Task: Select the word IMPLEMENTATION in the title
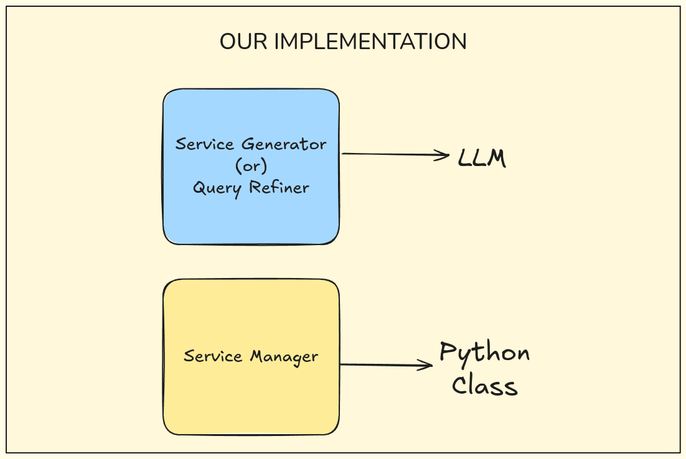(x=370, y=42)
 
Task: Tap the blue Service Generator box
(x=251, y=211)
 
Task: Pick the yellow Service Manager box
(x=251, y=398)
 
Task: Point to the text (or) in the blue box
(x=251, y=166)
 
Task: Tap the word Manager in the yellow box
(x=284, y=357)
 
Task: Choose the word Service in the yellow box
(x=214, y=357)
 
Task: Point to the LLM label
(x=482, y=159)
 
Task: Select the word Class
(x=484, y=386)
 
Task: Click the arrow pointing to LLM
(x=392, y=154)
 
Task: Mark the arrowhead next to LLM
(x=444, y=155)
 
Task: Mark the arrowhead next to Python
(x=428, y=366)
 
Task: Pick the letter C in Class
(x=460, y=386)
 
